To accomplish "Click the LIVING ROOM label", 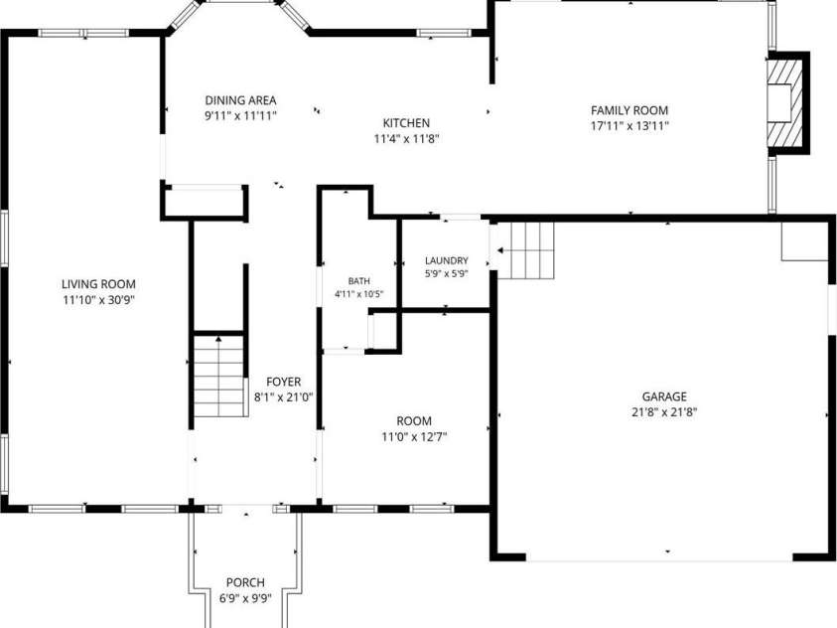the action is (x=98, y=284).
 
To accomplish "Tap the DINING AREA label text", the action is (x=240, y=100).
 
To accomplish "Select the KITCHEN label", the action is (x=406, y=123).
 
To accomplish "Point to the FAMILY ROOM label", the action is (x=629, y=110).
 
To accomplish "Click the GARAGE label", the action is (x=664, y=396).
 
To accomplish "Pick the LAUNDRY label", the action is (x=447, y=260).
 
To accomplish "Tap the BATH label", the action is (x=358, y=281).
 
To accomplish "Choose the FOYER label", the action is (x=283, y=382).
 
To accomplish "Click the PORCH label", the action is (x=245, y=582).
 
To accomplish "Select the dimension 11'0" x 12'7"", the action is (x=414, y=437).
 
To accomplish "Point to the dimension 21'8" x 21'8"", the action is (x=664, y=412).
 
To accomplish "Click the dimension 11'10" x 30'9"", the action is (x=98, y=300).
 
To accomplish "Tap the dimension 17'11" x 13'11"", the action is (x=629, y=126).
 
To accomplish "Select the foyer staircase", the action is (x=218, y=376).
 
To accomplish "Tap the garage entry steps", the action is (x=526, y=250).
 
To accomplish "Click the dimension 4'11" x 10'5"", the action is (x=358, y=294).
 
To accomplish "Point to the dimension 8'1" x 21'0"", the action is (x=283, y=397).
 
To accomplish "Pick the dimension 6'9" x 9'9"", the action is (x=245, y=598).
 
